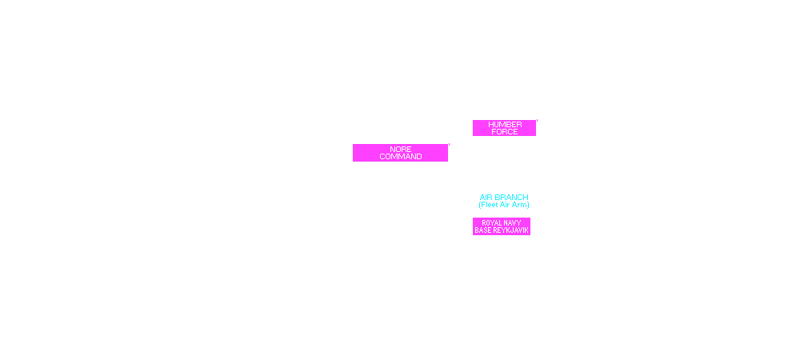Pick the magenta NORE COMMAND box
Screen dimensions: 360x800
point(400,153)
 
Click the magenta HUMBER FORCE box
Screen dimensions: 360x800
point(504,128)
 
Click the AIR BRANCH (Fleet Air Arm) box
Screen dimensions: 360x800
point(504,201)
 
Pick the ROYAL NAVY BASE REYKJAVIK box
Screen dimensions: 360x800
point(502,226)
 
